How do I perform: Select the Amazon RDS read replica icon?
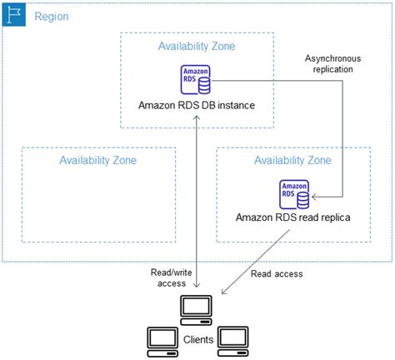(293, 194)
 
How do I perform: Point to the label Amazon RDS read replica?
(293, 218)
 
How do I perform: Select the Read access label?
(277, 273)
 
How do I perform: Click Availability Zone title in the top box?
(197, 47)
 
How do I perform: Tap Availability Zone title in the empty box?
(97, 160)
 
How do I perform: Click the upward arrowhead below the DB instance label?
(197, 118)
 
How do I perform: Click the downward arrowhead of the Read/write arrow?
(197, 289)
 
